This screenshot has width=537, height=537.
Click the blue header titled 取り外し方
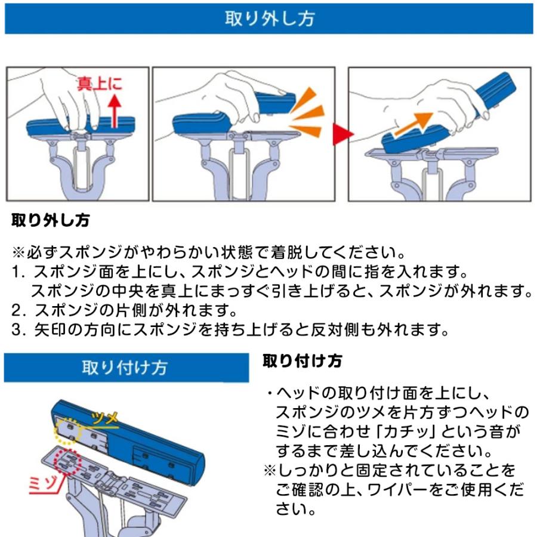[268, 18]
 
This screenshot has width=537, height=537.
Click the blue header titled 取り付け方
[125, 367]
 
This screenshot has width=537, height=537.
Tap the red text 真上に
[100, 84]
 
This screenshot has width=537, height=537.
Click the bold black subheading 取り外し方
[51, 221]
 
